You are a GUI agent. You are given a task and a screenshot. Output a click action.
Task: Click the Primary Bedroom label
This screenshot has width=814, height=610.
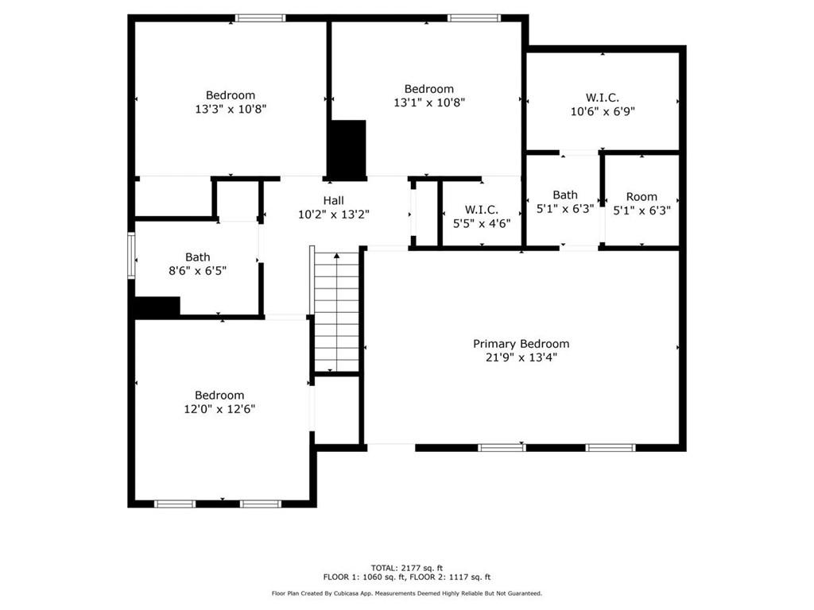tap(521, 344)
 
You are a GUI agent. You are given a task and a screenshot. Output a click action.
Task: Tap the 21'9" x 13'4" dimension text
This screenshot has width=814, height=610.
tap(521, 357)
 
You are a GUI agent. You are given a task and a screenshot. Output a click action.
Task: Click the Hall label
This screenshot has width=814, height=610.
tap(333, 200)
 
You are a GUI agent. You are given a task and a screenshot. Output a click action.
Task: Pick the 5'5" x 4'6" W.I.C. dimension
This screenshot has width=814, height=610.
tap(481, 223)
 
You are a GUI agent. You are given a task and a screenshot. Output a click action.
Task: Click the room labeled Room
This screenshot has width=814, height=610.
tap(642, 197)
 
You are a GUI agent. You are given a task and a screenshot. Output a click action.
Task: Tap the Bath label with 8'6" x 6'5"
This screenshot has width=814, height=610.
tap(198, 257)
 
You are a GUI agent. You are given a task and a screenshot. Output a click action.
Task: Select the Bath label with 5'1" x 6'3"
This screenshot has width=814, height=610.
tap(565, 195)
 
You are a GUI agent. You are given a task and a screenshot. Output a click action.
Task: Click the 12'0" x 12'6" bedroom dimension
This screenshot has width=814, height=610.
tap(219, 409)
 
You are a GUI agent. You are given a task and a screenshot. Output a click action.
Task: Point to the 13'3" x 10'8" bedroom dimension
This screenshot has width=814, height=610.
tap(231, 109)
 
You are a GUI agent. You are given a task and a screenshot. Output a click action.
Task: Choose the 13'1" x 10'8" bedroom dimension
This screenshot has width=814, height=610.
tap(428, 102)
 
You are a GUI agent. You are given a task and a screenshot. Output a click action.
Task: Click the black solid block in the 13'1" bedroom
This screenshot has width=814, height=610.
tap(347, 149)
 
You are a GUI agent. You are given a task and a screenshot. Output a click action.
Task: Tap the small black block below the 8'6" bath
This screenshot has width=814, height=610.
tap(157, 307)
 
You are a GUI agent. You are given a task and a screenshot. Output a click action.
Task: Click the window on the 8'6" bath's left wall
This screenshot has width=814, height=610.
tap(132, 256)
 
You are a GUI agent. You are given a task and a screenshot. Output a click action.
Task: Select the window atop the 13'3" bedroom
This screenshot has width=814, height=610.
tap(260, 17)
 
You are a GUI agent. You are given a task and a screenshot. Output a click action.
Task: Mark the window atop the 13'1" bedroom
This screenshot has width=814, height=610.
tap(474, 17)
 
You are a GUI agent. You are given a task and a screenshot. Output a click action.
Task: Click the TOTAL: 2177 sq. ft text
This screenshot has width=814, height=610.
tap(406, 568)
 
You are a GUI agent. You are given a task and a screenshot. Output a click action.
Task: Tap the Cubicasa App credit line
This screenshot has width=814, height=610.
tap(406, 593)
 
